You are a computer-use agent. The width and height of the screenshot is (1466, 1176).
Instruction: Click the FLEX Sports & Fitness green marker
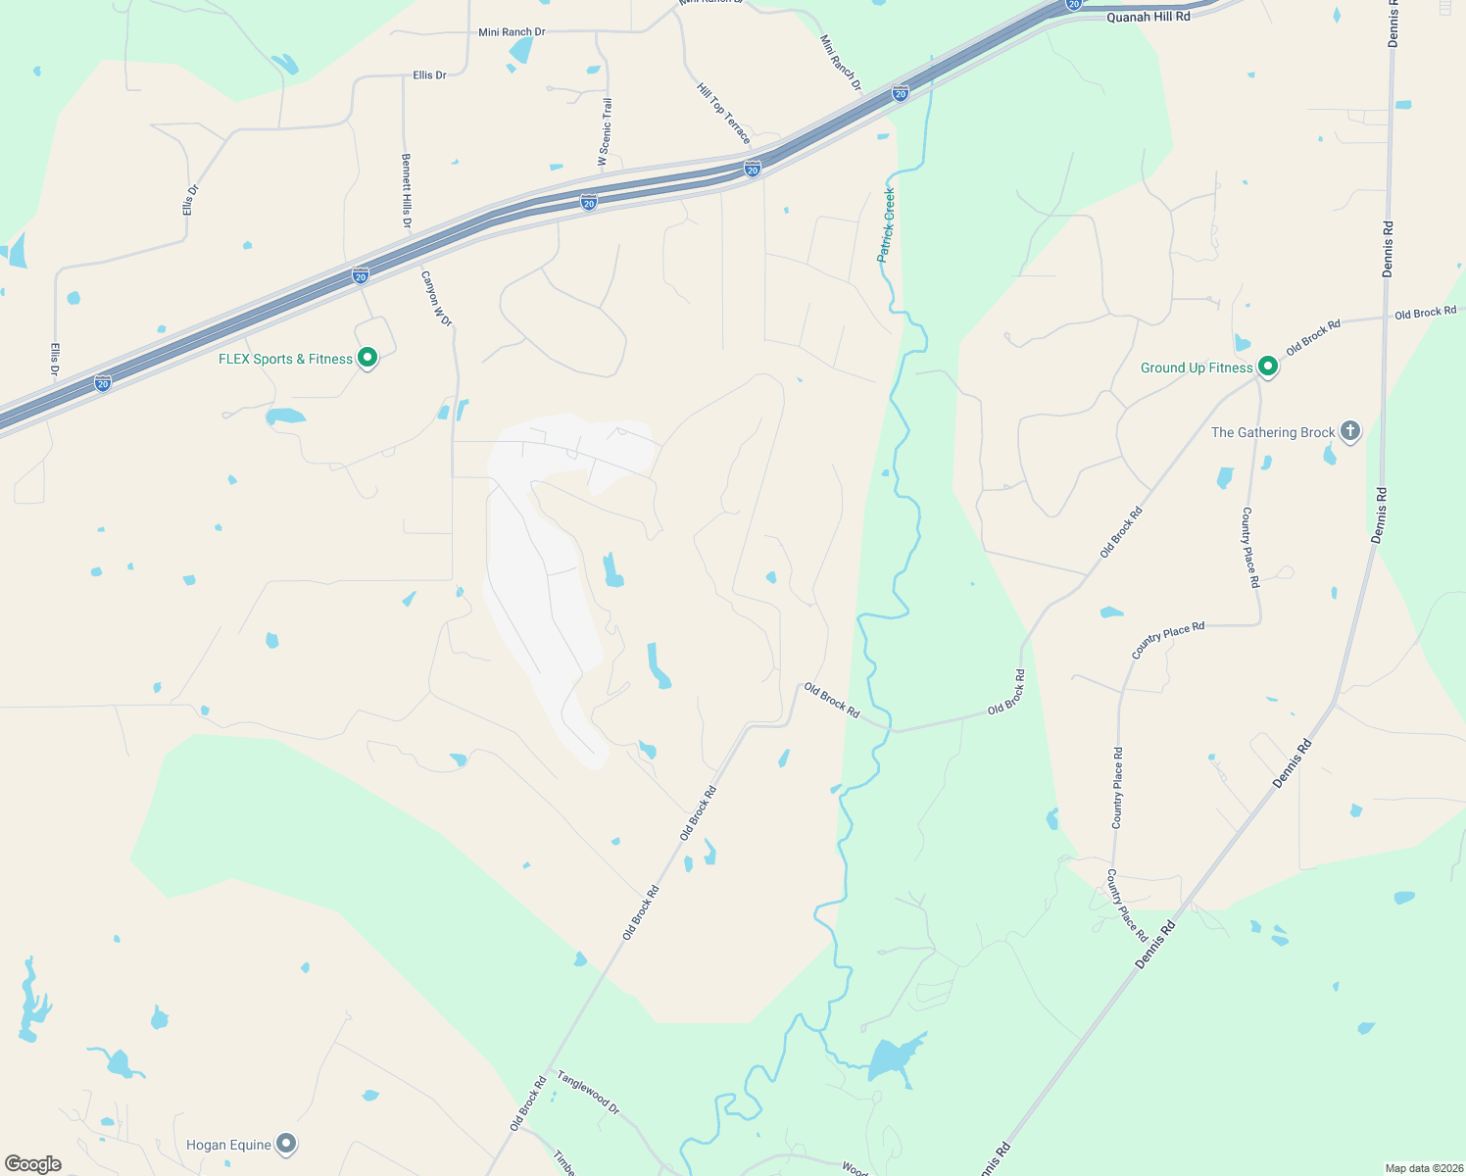[367, 358]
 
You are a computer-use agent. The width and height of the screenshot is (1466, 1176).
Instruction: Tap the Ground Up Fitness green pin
[1267, 367]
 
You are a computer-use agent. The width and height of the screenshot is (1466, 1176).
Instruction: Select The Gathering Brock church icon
[1350, 431]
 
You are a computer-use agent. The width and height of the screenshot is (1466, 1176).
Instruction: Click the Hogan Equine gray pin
[286, 1144]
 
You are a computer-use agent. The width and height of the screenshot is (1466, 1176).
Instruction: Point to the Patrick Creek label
[886, 224]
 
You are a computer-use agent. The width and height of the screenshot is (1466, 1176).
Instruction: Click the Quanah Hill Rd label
[1148, 17]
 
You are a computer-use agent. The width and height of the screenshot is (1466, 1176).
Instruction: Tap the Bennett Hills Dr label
[406, 191]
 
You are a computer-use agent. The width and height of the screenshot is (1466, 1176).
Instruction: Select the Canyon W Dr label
[436, 299]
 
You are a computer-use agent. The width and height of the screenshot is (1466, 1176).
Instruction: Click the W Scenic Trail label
[606, 131]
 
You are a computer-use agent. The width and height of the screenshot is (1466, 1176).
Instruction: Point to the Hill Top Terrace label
[724, 113]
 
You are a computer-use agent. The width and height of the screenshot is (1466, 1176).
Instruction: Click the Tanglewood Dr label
[588, 1092]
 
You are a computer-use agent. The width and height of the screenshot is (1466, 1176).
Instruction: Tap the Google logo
[33, 1164]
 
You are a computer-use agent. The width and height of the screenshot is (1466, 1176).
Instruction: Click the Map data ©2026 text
[1422, 1168]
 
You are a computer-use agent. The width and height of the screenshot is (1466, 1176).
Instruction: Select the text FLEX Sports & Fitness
[285, 360]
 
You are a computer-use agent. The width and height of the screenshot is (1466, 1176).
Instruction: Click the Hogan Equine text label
[228, 1145]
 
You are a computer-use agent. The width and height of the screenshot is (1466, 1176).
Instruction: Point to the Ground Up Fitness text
[1197, 368]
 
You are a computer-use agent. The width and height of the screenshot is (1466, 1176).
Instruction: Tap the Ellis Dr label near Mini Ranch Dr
[429, 75]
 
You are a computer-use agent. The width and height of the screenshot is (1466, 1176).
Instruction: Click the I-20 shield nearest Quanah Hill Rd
[1074, 4]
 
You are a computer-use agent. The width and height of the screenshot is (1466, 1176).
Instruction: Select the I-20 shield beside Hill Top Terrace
[752, 169]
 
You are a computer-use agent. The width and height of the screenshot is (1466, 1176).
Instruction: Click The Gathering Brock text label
[1273, 432]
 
